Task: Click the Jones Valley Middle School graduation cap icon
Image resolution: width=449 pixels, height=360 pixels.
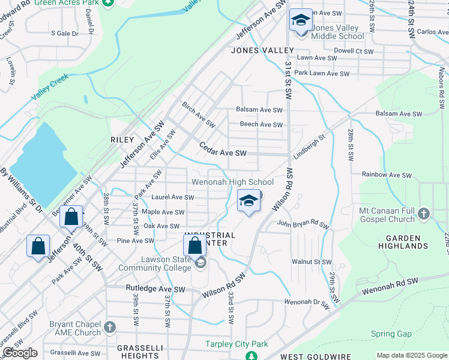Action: coord(301,21)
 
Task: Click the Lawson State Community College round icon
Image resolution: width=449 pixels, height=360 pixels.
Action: coord(200,262)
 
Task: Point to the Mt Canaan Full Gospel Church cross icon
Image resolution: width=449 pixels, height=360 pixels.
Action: coord(424,214)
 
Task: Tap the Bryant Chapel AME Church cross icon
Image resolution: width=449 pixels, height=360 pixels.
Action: coord(109,327)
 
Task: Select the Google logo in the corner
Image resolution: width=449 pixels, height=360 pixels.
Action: coord(20,353)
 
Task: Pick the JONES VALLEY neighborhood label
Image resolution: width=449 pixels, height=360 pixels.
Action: coord(263,50)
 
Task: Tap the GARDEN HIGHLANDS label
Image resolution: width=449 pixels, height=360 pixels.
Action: coord(403,242)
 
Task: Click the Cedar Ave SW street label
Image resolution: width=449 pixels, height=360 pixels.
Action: coord(223,153)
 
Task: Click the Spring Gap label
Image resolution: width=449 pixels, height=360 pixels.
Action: coord(391,334)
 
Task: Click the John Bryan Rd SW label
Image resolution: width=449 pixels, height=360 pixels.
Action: coord(303,224)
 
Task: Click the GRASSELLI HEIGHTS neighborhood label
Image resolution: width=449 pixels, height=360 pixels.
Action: coord(140,352)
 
